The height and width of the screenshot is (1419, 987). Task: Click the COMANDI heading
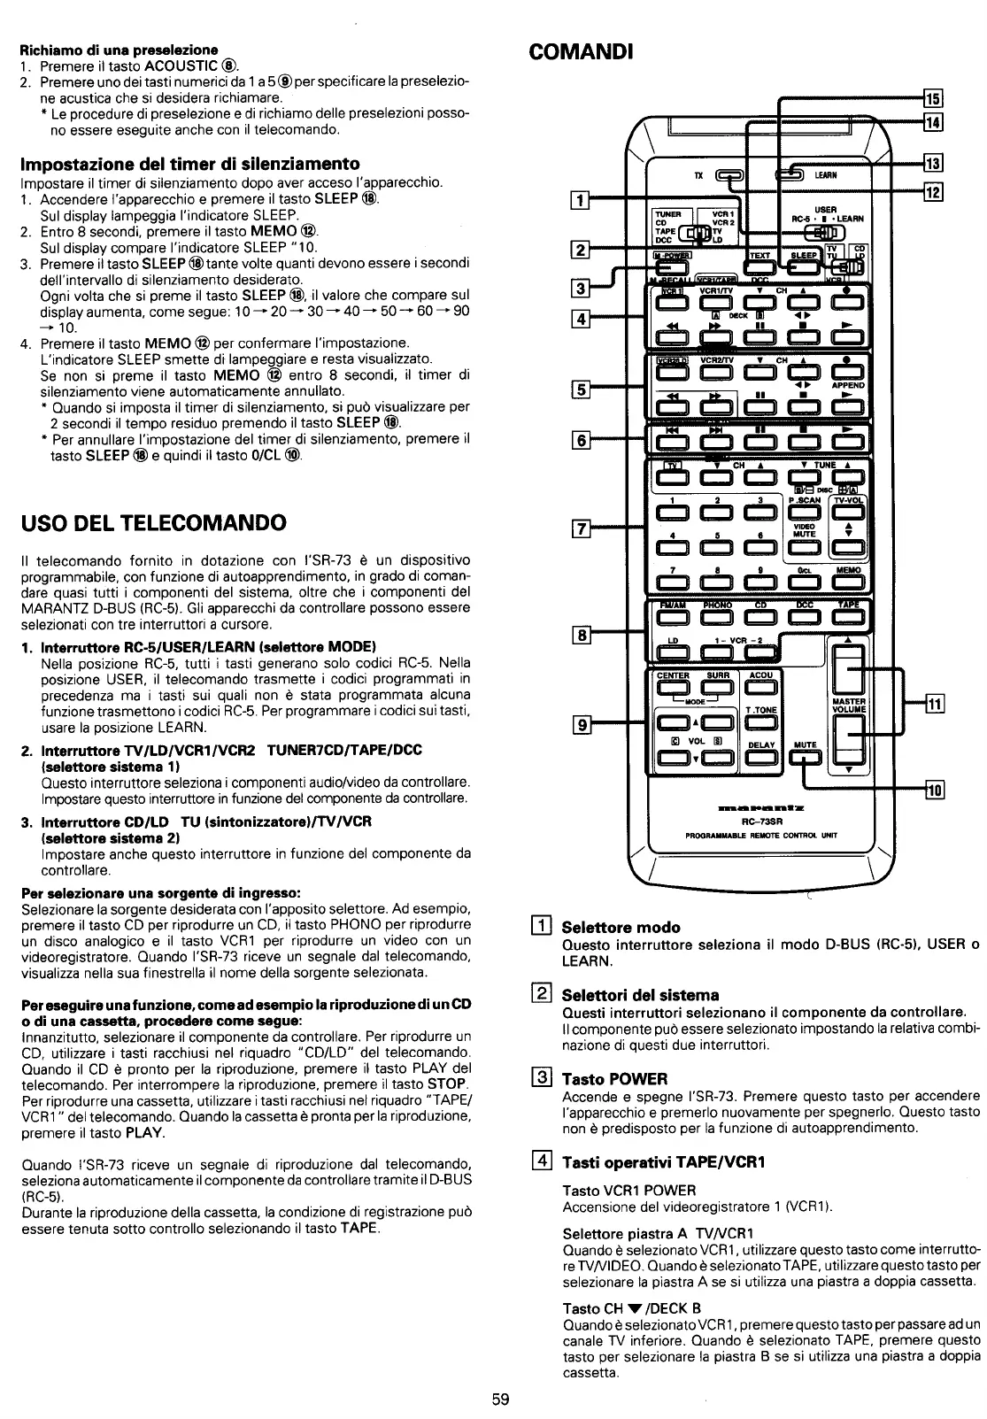(x=581, y=50)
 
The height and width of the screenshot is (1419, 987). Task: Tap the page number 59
(x=500, y=1400)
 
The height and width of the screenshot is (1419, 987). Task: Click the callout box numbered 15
(x=936, y=97)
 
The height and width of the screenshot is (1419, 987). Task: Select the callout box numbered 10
(x=935, y=790)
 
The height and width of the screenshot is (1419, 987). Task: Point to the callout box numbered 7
(x=582, y=530)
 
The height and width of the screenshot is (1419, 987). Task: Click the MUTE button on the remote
(x=806, y=756)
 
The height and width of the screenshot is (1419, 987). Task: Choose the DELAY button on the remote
(x=761, y=756)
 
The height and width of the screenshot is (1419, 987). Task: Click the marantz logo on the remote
(x=760, y=807)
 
